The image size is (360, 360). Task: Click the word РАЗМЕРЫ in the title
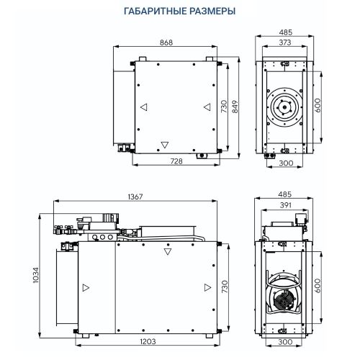pyautogui.click(x=212, y=12)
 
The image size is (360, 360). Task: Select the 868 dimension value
pyautogui.click(x=167, y=42)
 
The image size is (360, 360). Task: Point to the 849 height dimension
pyautogui.click(x=235, y=108)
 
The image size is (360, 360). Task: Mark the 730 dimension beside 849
pyautogui.click(x=224, y=108)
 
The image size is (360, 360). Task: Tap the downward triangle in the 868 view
pyautogui.click(x=166, y=143)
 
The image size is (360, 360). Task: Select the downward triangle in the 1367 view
pyautogui.click(x=168, y=253)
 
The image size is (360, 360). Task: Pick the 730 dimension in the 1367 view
pyautogui.click(x=224, y=287)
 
